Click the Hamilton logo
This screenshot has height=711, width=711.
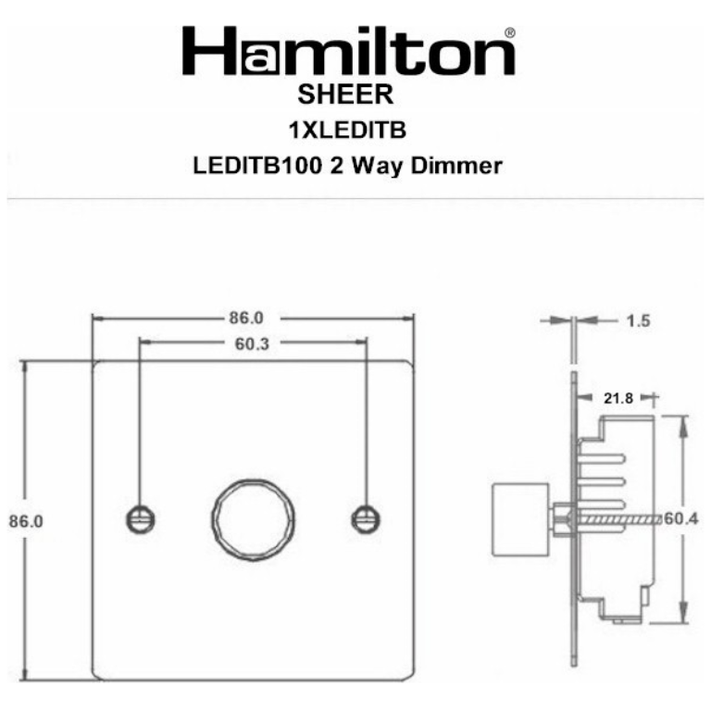(x=347, y=52)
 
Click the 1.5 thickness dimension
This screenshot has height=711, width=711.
(x=638, y=321)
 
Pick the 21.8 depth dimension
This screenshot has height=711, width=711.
(x=618, y=398)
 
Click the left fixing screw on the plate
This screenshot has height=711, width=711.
(x=138, y=518)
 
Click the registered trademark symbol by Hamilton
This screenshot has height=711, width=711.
(x=509, y=33)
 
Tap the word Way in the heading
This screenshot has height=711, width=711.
(x=377, y=167)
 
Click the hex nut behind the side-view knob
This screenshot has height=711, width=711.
(x=561, y=518)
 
